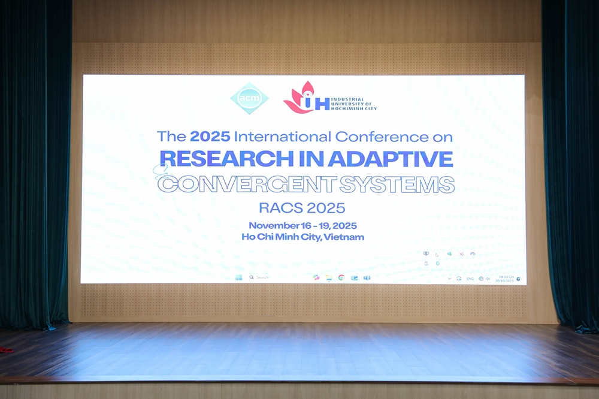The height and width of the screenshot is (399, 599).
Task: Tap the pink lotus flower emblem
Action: pos(299,97)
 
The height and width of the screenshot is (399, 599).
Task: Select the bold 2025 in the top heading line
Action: pos(210,137)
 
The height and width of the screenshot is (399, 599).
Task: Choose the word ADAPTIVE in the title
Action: pos(402,159)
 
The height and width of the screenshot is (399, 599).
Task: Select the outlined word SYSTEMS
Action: pos(397,184)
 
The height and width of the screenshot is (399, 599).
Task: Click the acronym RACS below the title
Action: pos(277,208)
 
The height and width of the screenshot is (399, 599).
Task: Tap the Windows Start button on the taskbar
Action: pos(239,277)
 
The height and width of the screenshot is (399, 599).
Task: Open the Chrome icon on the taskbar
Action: pos(341,277)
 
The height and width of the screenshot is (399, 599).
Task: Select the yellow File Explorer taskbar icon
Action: pos(329,277)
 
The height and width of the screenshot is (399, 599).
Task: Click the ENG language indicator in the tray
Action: pos(470,279)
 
